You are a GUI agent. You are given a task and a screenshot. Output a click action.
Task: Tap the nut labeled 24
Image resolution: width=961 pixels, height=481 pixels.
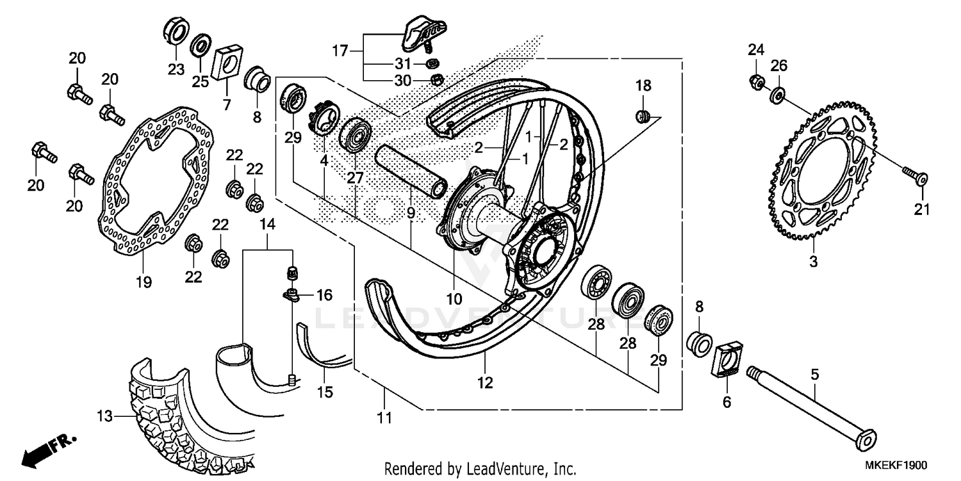point(756,81)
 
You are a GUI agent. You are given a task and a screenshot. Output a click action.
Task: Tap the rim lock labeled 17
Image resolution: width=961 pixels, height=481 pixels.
point(421,32)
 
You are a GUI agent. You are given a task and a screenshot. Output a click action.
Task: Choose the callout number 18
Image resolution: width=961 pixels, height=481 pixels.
point(643,85)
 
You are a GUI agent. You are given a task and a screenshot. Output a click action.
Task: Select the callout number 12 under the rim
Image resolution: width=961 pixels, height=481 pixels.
point(485,384)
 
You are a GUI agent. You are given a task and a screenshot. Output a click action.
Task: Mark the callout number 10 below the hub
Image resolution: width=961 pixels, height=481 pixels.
point(454,298)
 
